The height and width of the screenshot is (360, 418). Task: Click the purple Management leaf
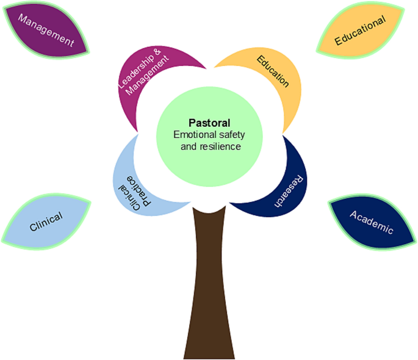[x=46, y=30]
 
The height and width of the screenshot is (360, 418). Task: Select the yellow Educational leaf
[x=361, y=30]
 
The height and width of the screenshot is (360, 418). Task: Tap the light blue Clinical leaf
[x=46, y=221]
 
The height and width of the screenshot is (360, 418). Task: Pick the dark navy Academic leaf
[x=372, y=221]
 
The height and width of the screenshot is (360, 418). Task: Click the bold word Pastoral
[x=209, y=123]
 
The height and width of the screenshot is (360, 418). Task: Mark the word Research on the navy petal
[x=289, y=191]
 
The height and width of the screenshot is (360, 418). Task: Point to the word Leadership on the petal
[x=136, y=71]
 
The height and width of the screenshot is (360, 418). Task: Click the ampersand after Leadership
[x=157, y=51]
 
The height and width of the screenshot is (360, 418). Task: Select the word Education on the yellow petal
[x=273, y=71]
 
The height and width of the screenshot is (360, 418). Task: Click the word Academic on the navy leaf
[x=372, y=222]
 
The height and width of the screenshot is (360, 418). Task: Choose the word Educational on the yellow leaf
[x=360, y=30]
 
